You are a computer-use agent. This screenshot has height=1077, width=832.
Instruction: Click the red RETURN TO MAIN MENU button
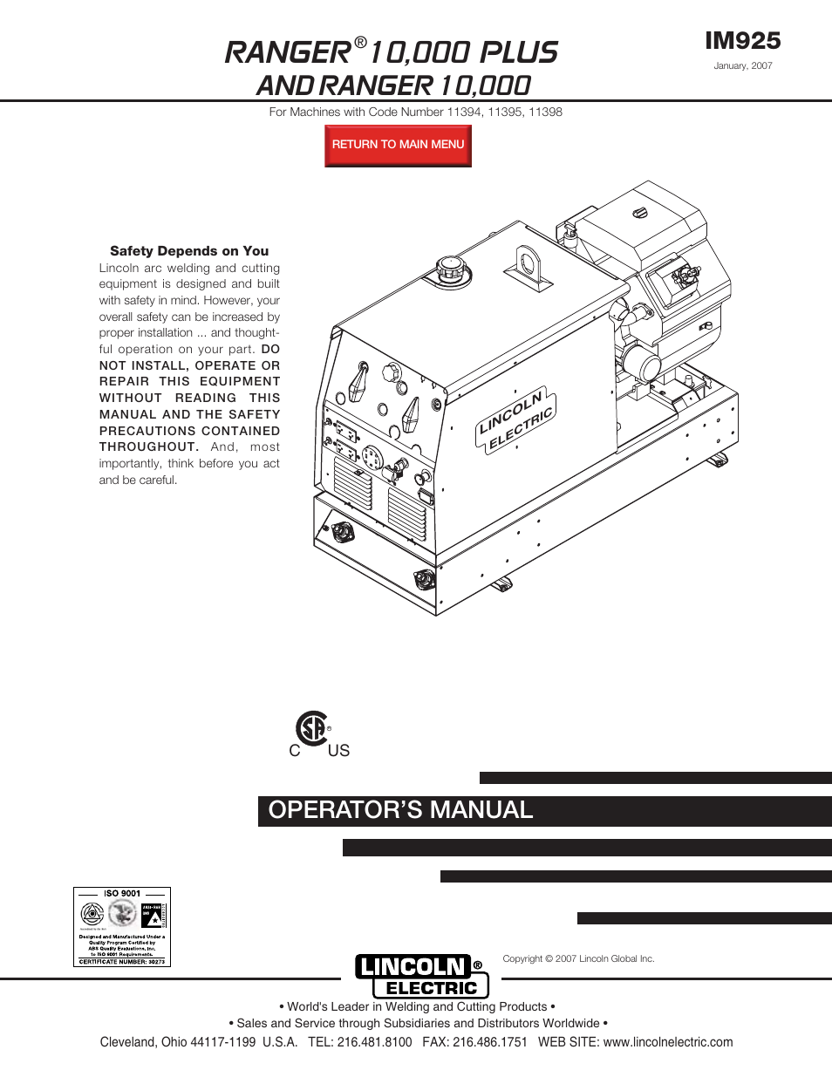[398, 145]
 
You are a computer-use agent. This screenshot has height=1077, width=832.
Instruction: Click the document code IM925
[742, 41]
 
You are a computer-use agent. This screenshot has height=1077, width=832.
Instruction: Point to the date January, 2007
[742, 65]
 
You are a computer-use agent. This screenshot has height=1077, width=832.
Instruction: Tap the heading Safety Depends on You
[189, 251]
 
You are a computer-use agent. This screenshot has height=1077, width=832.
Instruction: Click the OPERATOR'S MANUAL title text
[400, 810]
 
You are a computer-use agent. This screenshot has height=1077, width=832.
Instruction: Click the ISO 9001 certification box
[122, 926]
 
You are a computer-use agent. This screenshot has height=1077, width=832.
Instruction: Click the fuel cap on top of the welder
[449, 267]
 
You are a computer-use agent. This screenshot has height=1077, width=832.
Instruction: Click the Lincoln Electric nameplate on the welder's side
[515, 419]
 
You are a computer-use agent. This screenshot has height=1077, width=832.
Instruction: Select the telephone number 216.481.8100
[374, 1042]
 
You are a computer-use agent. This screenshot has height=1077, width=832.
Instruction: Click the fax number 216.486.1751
[489, 1042]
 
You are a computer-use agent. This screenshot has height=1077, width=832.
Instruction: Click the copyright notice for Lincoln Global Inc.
[578, 958]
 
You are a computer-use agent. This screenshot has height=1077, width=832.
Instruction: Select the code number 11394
[464, 112]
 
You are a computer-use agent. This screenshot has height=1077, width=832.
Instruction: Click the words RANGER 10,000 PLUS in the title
[391, 52]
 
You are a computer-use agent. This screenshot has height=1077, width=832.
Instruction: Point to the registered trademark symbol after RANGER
[360, 43]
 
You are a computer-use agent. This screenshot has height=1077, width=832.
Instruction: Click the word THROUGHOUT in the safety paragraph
[148, 446]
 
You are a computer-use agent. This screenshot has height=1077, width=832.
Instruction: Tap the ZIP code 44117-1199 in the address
[223, 1042]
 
